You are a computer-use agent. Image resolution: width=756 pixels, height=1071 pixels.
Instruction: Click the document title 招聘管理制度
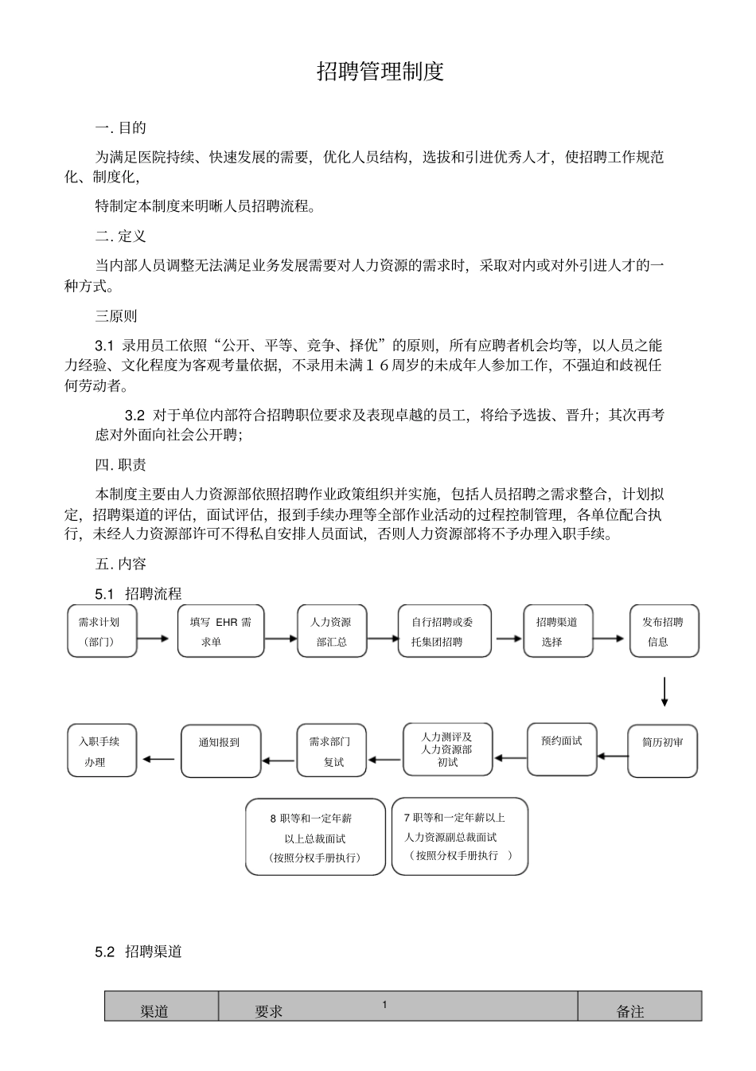point(380,72)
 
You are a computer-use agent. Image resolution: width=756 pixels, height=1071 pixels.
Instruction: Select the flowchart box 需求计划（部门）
point(102,631)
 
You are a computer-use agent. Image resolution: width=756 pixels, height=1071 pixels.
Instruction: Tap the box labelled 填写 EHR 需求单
point(220,631)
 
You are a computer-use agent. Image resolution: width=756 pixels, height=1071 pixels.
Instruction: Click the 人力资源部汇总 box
point(332,631)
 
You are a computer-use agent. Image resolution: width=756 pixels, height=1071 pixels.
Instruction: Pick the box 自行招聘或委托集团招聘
point(445,631)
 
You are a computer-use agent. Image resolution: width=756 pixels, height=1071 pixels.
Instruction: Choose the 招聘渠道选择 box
point(557,631)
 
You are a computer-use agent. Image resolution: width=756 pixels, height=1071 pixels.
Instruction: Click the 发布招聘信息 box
point(664,631)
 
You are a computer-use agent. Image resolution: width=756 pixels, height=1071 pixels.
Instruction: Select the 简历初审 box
point(662,750)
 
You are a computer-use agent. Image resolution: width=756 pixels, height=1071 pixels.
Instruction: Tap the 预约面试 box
point(561,749)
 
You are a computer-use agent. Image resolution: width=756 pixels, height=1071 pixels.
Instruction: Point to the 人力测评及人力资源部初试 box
point(447,749)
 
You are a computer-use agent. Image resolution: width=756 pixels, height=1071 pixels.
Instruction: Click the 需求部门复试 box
point(333,750)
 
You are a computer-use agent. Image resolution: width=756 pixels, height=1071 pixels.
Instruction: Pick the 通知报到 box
point(220,750)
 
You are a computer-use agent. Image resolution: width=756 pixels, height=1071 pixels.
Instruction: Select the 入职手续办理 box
point(102,750)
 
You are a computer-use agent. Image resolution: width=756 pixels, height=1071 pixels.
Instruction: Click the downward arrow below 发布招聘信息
point(664,691)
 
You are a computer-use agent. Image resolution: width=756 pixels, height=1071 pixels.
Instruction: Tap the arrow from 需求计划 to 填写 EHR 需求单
point(153,638)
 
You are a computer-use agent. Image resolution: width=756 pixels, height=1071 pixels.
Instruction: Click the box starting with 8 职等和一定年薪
point(315,837)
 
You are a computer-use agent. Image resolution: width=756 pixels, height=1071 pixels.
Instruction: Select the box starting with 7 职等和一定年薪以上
point(459,836)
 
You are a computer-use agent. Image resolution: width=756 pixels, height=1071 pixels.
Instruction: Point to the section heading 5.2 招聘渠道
point(138,952)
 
